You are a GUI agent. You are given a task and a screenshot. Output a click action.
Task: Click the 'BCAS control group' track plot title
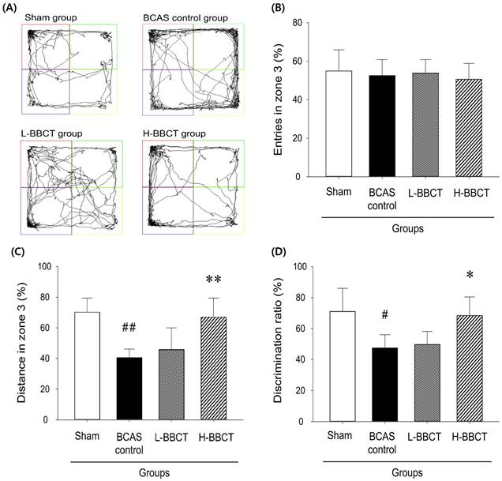click(184, 17)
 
